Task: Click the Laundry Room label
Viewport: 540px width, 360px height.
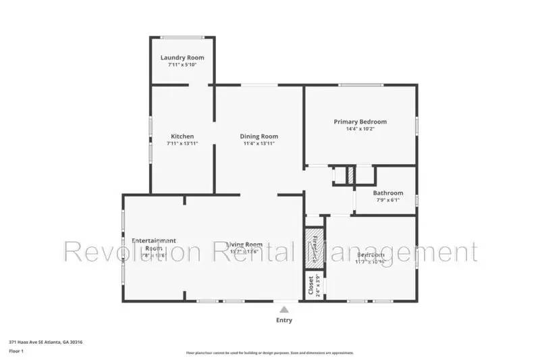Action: tap(182, 57)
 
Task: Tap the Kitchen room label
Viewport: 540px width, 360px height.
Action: tap(182, 136)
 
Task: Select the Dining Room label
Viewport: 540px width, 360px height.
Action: tap(259, 136)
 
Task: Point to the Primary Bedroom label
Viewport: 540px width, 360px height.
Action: tap(360, 122)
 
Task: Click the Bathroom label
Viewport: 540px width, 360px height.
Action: tap(388, 193)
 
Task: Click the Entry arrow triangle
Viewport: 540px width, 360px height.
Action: tap(284, 309)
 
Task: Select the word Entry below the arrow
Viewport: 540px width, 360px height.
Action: tap(284, 320)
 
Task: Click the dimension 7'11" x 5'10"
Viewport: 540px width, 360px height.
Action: tap(182, 65)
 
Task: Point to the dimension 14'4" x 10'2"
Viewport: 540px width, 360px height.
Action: tap(360, 129)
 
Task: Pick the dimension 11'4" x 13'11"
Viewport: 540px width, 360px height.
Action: tap(259, 143)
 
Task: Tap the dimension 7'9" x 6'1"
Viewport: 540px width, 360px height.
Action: tap(388, 201)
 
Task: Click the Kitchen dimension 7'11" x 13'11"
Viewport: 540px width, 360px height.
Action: tap(182, 143)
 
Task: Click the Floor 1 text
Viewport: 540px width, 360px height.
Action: tap(16, 351)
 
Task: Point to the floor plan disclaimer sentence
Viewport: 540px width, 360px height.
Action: tap(269, 353)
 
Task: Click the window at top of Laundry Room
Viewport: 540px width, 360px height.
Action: tap(182, 37)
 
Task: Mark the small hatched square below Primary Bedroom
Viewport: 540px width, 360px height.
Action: tap(350, 174)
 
